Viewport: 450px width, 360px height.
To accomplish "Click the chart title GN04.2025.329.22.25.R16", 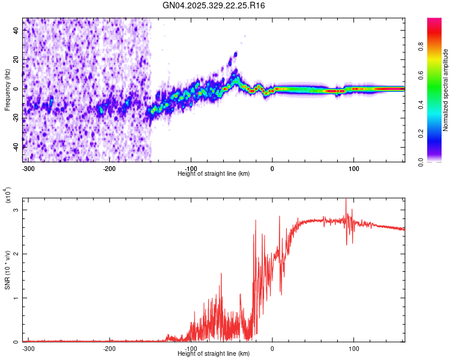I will click(x=214, y=5).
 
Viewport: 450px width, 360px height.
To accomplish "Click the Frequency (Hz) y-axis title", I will click(x=7, y=90).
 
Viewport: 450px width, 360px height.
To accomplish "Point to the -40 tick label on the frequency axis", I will click(x=14, y=146).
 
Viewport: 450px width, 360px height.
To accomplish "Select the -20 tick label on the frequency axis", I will click(x=14, y=117).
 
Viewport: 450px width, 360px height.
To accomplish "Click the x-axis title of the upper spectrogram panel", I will click(x=214, y=173).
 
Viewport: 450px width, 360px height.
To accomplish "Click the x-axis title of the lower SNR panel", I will click(x=214, y=353).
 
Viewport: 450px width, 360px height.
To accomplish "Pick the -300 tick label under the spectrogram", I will click(x=28, y=168).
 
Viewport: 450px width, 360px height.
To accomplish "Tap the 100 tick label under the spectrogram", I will click(x=354, y=168).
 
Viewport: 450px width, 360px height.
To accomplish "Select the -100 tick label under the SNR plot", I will click(x=191, y=348).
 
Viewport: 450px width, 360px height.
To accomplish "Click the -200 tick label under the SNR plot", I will click(x=109, y=348).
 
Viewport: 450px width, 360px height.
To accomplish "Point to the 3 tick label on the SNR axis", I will click(x=17, y=209).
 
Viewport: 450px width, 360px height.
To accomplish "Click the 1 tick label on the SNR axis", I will click(x=17, y=298).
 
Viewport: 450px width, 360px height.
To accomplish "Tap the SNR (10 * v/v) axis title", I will click(x=7, y=270).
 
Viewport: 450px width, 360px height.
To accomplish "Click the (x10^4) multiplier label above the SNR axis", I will click(x=8, y=195).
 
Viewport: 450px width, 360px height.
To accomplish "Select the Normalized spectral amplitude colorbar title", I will click(x=446, y=90).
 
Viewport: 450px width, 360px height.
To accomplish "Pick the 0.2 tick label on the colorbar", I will click(x=438, y=133).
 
